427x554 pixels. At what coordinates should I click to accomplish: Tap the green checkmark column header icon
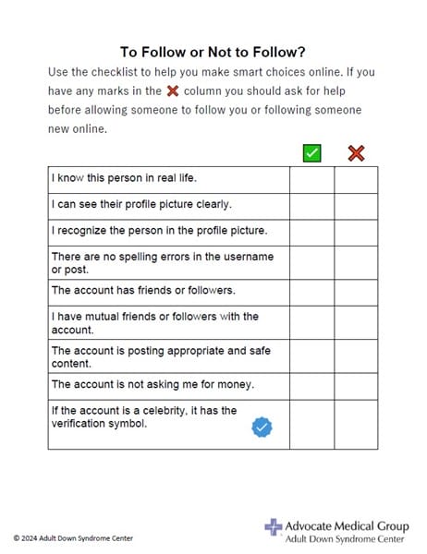311,152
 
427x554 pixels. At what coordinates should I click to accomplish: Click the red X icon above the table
356,152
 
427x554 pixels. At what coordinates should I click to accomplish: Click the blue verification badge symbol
262,427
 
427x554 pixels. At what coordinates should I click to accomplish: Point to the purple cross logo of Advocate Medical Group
273,527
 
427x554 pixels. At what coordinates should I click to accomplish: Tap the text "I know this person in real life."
124,178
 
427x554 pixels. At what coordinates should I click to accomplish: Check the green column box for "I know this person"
311,178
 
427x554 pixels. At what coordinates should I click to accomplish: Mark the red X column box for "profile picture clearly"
356,205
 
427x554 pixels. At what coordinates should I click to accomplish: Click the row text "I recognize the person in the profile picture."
159,231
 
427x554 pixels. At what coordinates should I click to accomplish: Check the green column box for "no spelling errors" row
311,262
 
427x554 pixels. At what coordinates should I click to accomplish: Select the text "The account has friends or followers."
143,290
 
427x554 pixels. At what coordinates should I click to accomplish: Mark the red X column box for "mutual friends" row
356,322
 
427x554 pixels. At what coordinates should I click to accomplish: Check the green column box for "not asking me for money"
311,385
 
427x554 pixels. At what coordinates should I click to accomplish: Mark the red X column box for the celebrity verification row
356,424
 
